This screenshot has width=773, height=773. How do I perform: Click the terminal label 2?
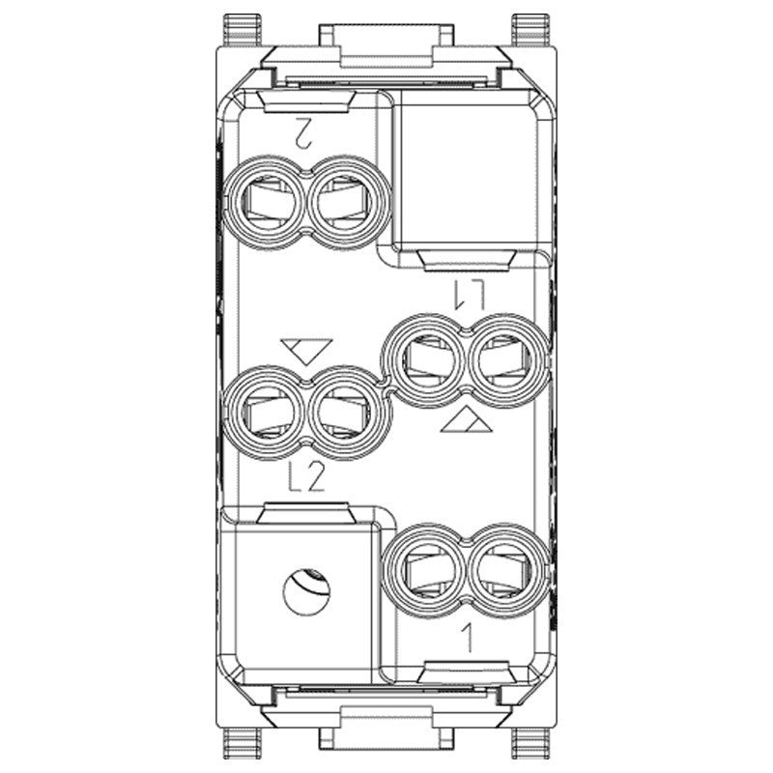coord(304,129)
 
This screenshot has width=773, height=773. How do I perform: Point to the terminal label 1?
coord(468,638)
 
